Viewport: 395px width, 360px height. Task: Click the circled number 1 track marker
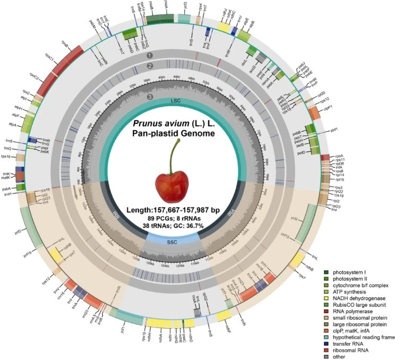(150, 55)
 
